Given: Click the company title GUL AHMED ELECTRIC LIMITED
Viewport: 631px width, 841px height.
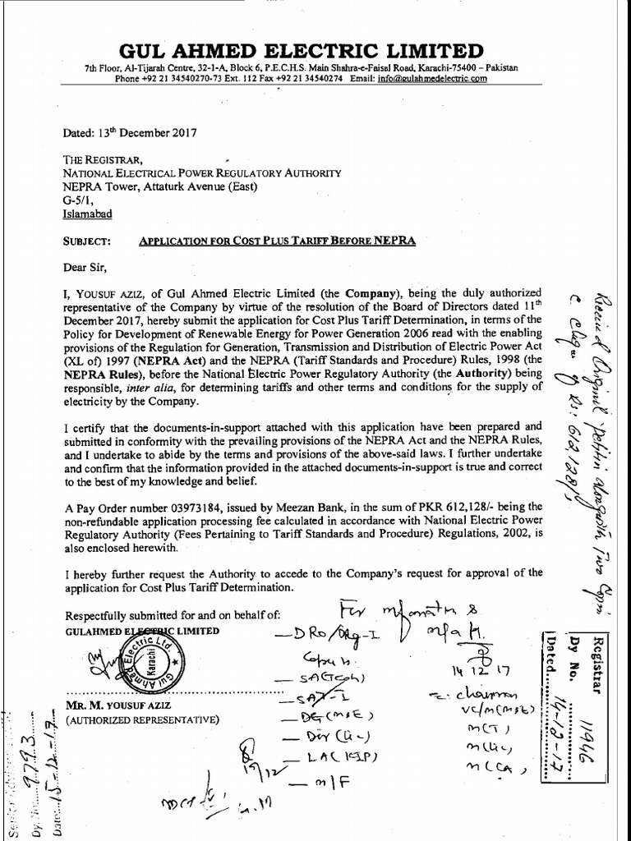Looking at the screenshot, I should click(301, 50).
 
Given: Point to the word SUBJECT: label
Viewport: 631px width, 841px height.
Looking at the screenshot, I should click(86, 240).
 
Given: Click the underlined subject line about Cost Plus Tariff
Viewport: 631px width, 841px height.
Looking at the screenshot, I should click(277, 240).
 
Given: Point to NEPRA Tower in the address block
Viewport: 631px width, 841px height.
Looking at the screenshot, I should click(97, 186).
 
